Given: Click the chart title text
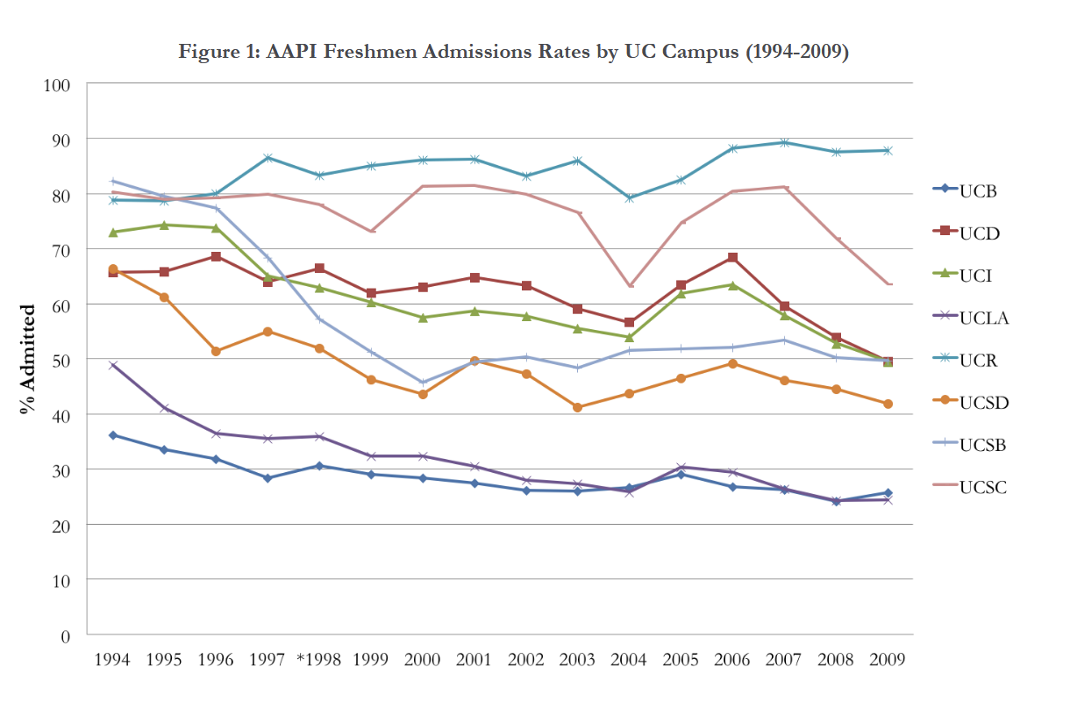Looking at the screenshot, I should pos(513,52).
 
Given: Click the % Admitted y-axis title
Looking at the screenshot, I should pos(30,360).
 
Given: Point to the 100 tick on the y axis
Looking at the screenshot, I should pos(60,85).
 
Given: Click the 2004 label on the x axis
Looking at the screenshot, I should pos(629,660).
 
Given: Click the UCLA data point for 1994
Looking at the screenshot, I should pos(113,365).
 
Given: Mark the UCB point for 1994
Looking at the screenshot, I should pos(113,435).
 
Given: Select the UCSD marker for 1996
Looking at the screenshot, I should pos(216,351).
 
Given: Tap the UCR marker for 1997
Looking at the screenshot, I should pos(267,158).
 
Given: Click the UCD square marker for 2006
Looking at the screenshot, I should pos(732,258).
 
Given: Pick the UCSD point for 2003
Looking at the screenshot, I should pos(577,407).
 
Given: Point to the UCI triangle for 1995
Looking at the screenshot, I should pos(165,225).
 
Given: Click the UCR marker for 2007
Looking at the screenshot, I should pos(784,142).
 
